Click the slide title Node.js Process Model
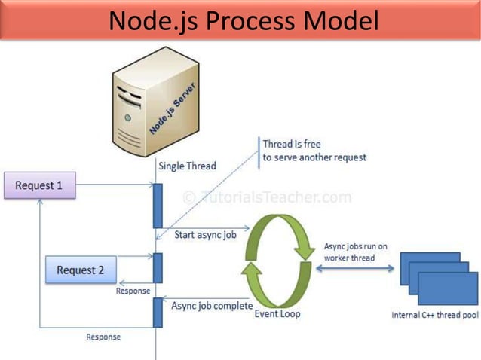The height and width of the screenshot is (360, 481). [x=243, y=21]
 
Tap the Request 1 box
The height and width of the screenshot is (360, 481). [x=40, y=185]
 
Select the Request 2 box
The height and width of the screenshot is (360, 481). [x=81, y=270]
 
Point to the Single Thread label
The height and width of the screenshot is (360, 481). [x=187, y=166]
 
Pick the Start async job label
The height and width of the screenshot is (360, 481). [x=205, y=235]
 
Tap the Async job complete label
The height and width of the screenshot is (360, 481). [x=212, y=306]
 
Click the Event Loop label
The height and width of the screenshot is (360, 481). [x=277, y=313]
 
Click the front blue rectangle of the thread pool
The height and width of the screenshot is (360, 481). [x=447, y=288]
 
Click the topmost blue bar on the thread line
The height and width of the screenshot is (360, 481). [x=158, y=206]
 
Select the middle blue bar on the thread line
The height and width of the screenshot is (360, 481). [x=158, y=267]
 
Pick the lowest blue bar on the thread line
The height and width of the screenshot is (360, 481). [x=158, y=312]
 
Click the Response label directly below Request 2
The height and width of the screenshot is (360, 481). [x=133, y=291]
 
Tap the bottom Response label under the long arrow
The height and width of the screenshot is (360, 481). [x=103, y=337]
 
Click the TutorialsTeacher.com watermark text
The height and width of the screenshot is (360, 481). [x=267, y=198]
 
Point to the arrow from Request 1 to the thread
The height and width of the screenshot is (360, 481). [x=114, y=185]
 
